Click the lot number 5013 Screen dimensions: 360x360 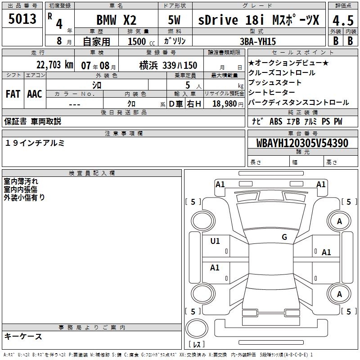click(x=22, y=19)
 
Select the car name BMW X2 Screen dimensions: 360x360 click(x=117, y=20)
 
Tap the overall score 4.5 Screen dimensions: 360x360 click(x=343, y=21)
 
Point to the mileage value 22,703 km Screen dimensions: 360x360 click(x=54, y=65)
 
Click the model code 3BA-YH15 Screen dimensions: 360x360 click(x=258, y=41)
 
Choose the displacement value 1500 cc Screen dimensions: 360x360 click(x=141, y=41)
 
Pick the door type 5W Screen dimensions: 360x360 click(x=174, y=20)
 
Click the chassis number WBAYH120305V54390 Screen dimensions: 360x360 click(x=302, y=143)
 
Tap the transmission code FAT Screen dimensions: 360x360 click(x=13, y=94)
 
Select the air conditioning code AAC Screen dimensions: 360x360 click(x=35, y=94)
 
